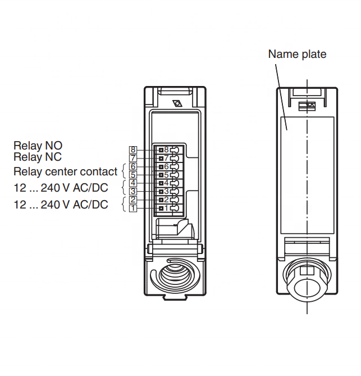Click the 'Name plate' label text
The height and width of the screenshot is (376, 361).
tap(297, 55)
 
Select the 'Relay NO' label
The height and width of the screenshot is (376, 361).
tap(38, 146)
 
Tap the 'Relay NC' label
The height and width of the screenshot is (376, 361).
tap(38, 157)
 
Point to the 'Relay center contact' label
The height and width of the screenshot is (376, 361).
tap(65, 171)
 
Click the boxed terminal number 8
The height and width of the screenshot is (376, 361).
tap(133, 150)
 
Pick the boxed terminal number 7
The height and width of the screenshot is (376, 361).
tap(133, 158)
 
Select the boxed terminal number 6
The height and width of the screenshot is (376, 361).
tap(133, 166)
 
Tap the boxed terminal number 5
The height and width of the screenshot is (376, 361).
tap(133, 175)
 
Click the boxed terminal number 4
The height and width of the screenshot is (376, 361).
tap(133, 183)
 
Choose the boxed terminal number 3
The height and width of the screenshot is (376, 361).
tap(133, 191)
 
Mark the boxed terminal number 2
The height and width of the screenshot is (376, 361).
tap(133, 200)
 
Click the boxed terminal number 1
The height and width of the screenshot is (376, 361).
tap(133, 208)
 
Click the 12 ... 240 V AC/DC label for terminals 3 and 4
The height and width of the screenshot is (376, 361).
tap(61, 188)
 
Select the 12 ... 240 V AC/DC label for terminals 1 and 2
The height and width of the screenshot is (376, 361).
tap(61, 205)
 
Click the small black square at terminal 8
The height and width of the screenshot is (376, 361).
tap(161, 150)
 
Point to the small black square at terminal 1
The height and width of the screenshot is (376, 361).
tap(161, 208)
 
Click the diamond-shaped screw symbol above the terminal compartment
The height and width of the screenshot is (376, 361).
tap(177, 103)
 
